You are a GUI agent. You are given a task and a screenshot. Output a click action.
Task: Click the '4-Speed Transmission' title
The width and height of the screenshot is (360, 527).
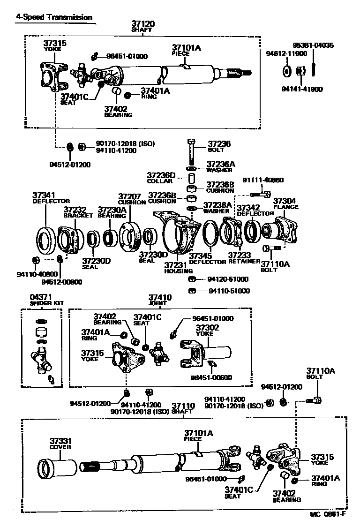coord(54,17)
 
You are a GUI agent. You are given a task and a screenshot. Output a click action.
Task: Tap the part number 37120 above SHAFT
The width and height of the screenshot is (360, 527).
coord(142,23)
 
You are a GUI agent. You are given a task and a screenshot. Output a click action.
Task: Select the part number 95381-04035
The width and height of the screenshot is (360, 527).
coord(313,45)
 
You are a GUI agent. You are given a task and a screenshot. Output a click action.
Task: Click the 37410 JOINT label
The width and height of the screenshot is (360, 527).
coord(160,300)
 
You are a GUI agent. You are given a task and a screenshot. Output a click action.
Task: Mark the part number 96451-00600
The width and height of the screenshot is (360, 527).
coord(210,377)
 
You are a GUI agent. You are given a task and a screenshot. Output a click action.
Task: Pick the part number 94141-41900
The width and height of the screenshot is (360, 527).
coord(302,89)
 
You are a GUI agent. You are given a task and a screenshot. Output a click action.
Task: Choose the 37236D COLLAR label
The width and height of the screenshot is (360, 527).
coord(161,178)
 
